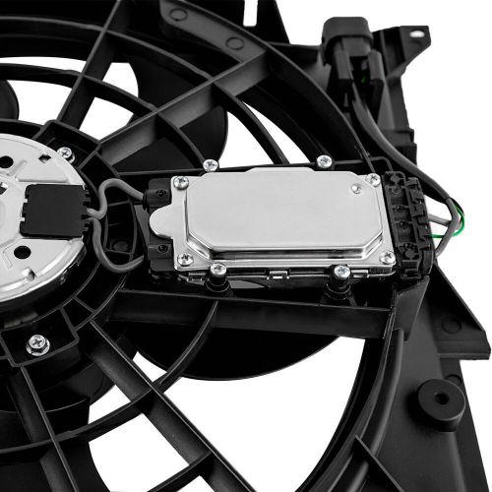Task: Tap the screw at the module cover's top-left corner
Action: [181, 183]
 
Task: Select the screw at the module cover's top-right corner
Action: [373, 180]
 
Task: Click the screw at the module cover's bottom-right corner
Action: [387, 258]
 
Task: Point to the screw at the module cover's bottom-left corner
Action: [185, 260]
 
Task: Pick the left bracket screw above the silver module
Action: [210, 165]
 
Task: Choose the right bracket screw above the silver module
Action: [324, 161]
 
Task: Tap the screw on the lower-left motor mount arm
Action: [37, 343]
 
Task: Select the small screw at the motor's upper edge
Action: [65, 154]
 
